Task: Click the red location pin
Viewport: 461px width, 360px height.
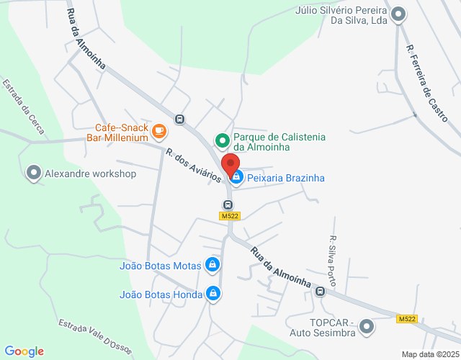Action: pos(230,166)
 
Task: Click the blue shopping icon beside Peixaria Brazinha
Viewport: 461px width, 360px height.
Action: pos(236,176)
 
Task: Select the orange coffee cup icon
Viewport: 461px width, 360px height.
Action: pos(159,131)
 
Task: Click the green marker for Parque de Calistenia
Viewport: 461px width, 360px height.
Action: pos(223,140)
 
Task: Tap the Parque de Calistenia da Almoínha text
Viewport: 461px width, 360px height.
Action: pos(280,142)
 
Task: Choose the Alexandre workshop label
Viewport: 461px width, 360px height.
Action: pos(90,174)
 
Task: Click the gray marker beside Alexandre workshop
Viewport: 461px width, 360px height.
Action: pos(33,173)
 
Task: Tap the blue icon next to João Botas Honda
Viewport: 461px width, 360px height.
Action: pos(212,293)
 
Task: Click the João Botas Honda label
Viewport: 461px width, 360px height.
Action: pos(160,294)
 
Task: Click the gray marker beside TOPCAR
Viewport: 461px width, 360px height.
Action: pos(367,326)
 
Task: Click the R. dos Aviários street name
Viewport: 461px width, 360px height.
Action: pos(193,166)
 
